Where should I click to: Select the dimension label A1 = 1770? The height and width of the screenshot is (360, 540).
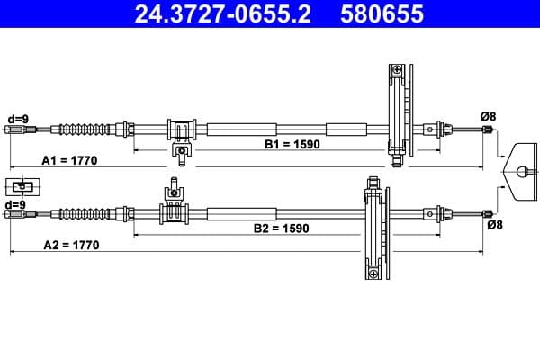tap(69, 160)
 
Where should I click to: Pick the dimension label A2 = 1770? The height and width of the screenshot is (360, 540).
tap(69, 245)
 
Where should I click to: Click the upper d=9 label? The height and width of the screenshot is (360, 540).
tap(17, 117)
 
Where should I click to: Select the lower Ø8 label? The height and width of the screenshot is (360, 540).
tap(494, 225)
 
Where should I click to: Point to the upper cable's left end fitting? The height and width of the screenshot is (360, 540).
tap(15, 130)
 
